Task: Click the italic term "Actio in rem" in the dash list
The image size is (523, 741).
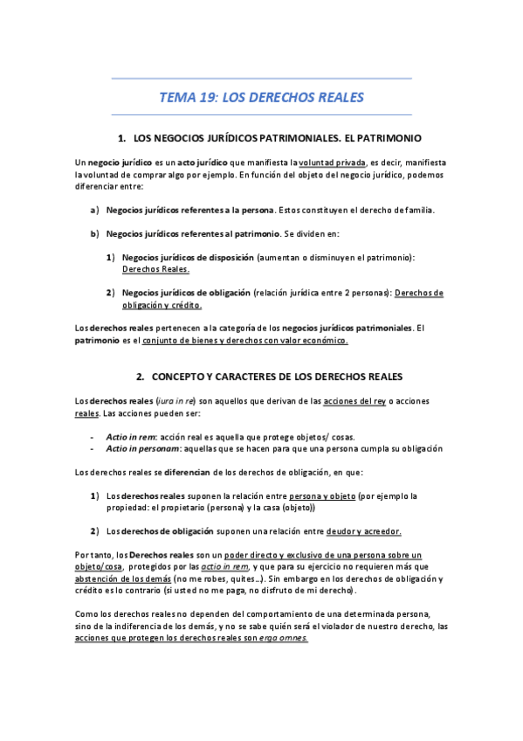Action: [130, 437]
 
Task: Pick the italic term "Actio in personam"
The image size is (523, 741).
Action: [143, 448]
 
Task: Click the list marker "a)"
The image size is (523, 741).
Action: [94, 210]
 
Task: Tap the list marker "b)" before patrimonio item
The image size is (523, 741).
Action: [94, 233]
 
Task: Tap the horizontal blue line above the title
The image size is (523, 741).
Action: [261, 79]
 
